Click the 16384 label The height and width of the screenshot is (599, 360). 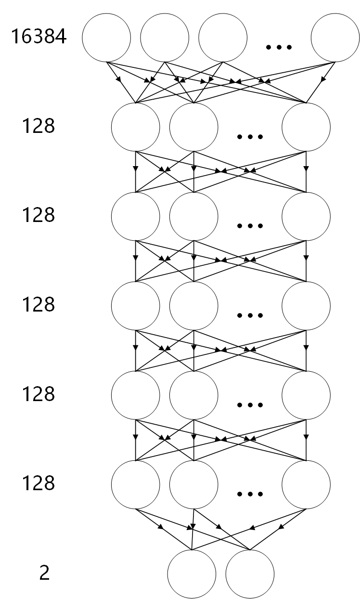(39, 38)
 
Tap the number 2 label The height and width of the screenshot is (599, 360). (44, 574)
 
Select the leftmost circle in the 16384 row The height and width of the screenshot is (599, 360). (106, 38)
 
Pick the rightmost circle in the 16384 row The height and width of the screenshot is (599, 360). (335, 38)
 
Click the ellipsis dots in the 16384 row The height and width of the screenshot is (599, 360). (279, 47)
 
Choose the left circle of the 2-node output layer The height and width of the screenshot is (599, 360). (192, 574)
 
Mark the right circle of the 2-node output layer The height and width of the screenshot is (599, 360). (250, 574)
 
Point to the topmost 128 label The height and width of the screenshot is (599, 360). (39, 126)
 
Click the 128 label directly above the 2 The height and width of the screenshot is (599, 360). (39, 483)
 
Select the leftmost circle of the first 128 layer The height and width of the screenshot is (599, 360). (135, 127)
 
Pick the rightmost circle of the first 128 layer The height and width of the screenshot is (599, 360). (306, 127)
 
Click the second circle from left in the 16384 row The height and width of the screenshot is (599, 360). (165, 38)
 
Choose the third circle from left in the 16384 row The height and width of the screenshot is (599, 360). (222, 38)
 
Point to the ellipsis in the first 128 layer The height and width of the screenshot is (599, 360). (250, 137)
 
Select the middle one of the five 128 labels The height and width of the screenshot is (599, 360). (39, 305)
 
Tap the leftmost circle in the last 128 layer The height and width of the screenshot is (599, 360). (135, 484)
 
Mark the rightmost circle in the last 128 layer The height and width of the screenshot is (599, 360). (306, 484)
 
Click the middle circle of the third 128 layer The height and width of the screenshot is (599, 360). (193, 305)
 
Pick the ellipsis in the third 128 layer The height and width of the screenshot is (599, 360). (250, 315)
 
